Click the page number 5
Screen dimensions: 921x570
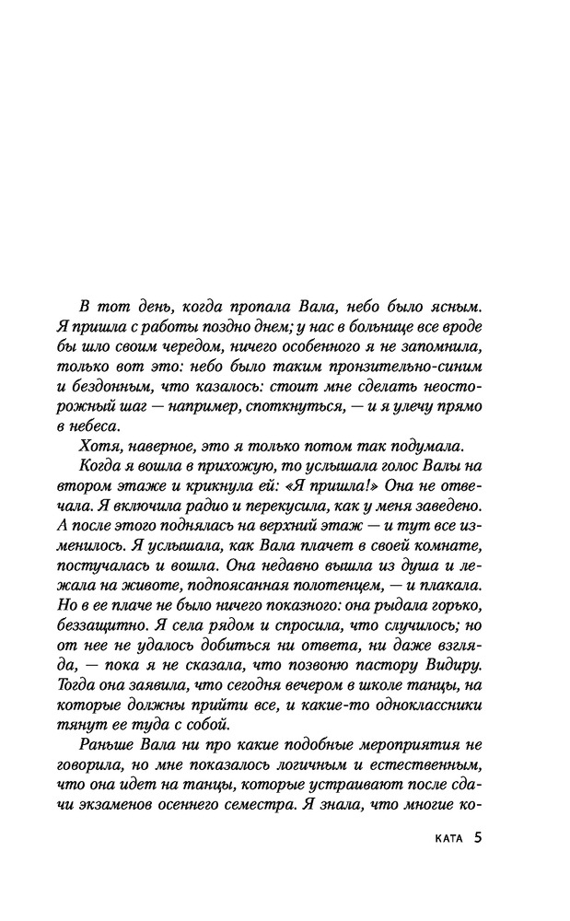(x=478, y=838)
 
